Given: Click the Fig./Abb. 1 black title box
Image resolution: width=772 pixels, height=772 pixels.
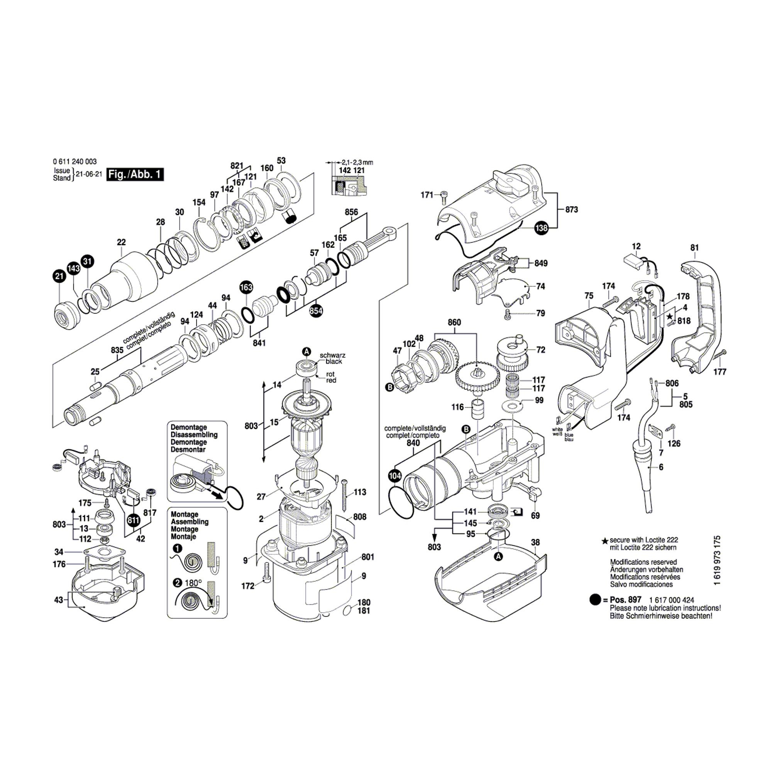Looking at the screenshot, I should point(135,174).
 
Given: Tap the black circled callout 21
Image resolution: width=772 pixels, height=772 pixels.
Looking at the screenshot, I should point(59,276).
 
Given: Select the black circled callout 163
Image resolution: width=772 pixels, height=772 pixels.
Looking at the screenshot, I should point(246,287).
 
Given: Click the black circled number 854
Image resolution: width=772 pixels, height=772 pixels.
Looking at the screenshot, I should point(316,310).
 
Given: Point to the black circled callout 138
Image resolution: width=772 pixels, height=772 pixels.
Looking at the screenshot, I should point(542,228).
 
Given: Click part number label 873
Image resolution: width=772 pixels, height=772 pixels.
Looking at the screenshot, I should point(571,209).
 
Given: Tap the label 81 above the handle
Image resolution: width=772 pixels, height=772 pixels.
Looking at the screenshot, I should point(694,248).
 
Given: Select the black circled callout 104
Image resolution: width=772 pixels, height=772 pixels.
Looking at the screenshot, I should point(394,476).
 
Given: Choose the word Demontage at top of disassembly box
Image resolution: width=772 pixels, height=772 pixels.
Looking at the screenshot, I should point(189,427).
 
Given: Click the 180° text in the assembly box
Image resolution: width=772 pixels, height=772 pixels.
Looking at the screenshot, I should point(193,583).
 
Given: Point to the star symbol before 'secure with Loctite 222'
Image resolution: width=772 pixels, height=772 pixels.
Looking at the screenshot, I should point(605,541).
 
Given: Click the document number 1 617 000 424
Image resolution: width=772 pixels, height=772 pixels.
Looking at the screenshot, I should point(672,600).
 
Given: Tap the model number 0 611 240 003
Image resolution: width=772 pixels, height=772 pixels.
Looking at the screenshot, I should point(74,162).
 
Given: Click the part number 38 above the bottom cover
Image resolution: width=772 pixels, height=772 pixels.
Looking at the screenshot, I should point(535,542).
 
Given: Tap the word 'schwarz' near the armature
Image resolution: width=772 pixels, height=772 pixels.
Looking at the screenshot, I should point(332,355).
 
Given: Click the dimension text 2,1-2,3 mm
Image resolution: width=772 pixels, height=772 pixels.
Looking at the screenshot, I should point(357,162).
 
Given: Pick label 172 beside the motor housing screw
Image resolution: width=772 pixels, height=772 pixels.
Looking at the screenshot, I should point(248,586).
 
